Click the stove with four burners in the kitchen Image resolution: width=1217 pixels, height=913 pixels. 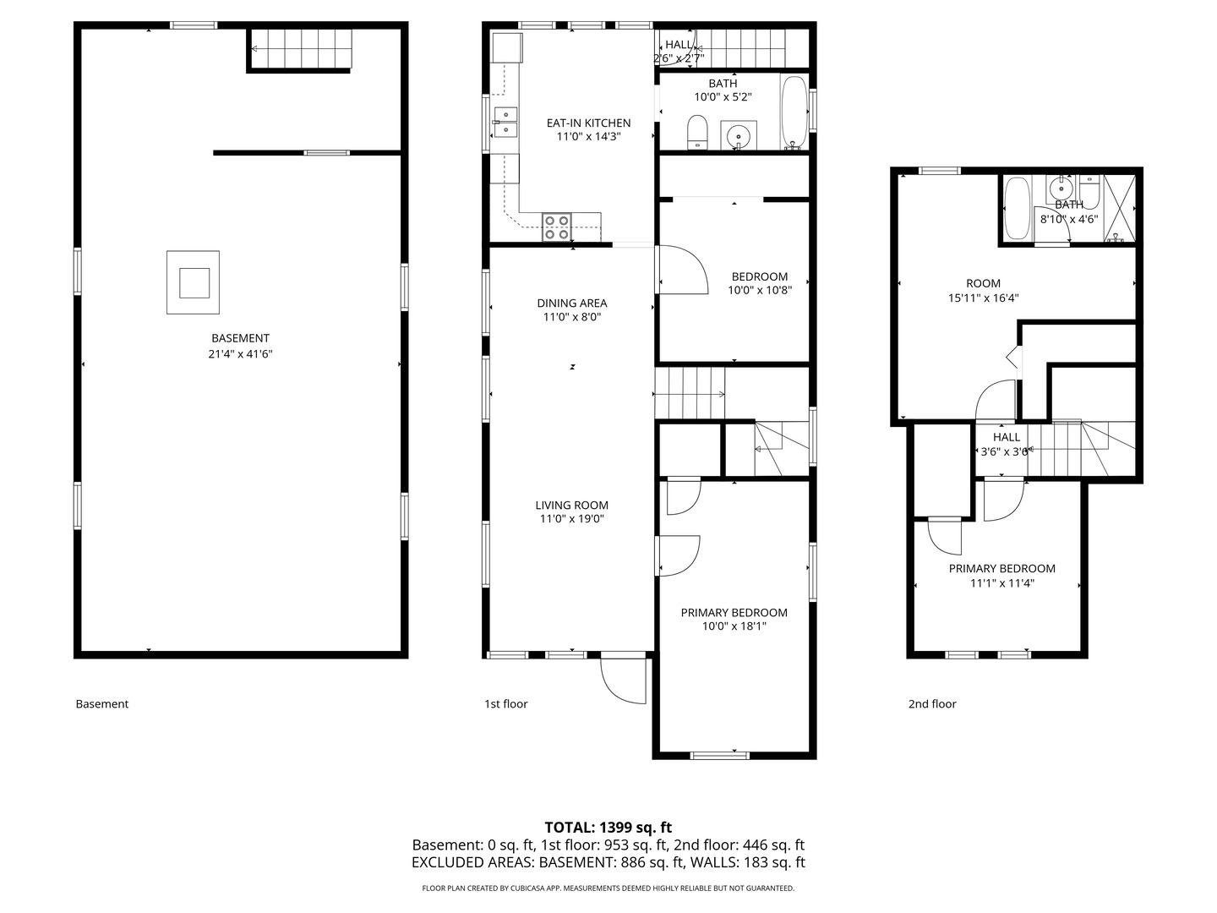pos(557,227)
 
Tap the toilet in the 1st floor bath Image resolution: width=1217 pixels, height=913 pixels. pos(697,132)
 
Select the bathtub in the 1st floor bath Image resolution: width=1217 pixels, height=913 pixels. pos(794,112)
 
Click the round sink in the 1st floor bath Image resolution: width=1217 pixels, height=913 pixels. pos(738,134)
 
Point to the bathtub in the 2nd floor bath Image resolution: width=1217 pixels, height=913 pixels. pos(1018,208)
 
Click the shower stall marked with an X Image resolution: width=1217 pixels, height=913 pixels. pos(1120,209)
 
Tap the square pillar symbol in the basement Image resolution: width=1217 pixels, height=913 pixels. pos(193,282)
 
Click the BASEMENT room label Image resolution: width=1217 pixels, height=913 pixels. pos(240,338)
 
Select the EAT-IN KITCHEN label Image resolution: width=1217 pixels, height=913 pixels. pos(588,123)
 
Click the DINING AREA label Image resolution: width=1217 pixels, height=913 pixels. pos(571,303)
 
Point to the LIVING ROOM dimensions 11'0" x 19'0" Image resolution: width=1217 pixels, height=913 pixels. pos(571,519)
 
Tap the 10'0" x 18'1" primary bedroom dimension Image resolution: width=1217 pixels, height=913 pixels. pos(734,626)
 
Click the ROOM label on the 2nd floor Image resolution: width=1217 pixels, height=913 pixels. pos(983,283)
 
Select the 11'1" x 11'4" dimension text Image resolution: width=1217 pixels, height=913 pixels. pos(1001,583)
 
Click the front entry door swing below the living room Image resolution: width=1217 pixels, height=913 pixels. pos(623,681)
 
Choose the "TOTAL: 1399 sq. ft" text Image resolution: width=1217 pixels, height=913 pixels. pos(608,828)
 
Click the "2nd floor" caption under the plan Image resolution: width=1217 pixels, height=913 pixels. pos(932,704)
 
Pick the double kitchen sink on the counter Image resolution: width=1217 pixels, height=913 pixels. pos(505,123)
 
